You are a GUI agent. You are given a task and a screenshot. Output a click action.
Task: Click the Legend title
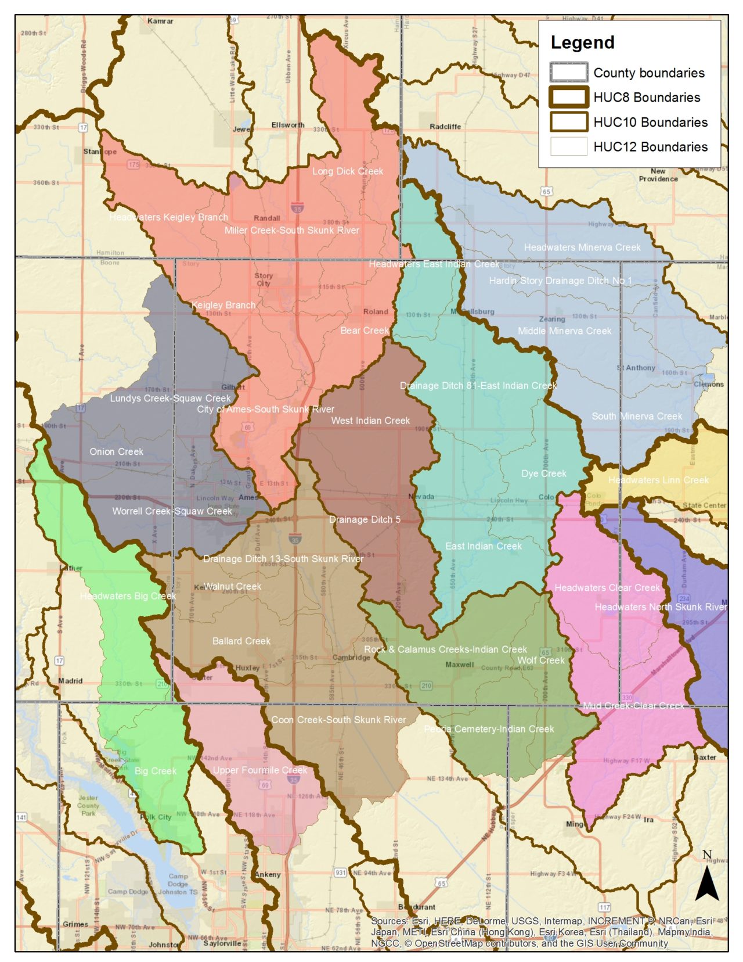point(582,42)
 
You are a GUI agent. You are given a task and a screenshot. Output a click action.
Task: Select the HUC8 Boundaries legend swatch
point(569,97)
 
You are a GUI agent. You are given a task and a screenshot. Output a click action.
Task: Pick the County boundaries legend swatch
point(569,73)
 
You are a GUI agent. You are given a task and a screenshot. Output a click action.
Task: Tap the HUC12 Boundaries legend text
point(650,147)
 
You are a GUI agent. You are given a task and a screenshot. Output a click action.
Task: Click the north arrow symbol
point(707,882)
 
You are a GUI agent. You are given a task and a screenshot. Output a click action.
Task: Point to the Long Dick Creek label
point(348,171)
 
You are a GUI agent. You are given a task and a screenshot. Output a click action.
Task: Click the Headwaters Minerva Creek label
point(582,247)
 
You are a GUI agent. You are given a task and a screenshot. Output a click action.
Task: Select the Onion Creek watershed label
point(116,451)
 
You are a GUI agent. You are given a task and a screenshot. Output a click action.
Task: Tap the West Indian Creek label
point(370,421)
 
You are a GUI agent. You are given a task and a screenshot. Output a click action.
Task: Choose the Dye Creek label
point(543,473)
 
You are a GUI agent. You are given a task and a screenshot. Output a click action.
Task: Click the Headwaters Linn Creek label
point(658,480)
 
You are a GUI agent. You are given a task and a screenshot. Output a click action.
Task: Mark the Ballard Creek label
point(241,641)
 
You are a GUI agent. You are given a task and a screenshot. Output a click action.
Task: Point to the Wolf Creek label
point(540,660)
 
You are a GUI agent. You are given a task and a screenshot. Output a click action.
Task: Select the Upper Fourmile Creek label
point(259,770)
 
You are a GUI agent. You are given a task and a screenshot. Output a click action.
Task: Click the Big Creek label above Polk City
point(155,771)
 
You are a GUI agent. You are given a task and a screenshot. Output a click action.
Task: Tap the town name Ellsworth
point(288,125)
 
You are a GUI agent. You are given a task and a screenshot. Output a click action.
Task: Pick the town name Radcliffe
point(445,127)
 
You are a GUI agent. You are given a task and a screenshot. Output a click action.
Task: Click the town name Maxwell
point(460,665)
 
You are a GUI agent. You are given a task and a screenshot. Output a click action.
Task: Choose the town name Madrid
point(70,681)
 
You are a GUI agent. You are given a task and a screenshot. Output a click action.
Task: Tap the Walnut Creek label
point(232,587)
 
